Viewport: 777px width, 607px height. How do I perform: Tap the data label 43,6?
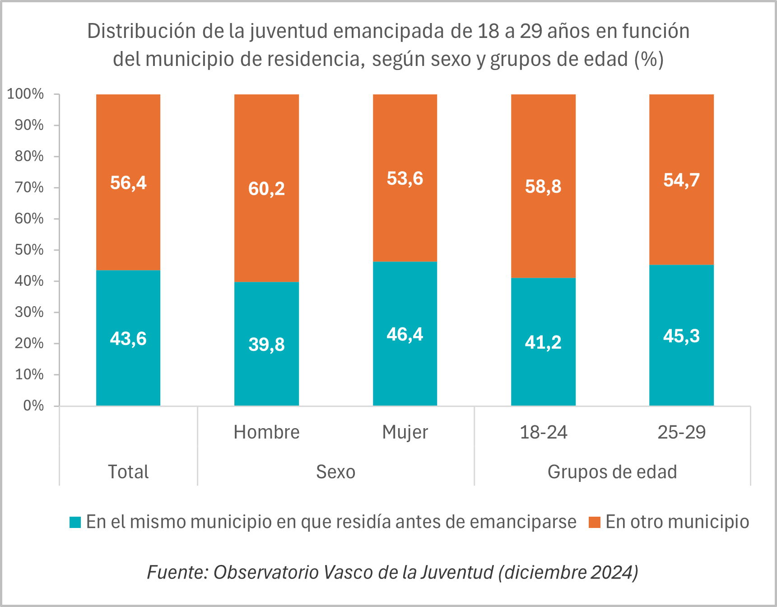coord(128,339)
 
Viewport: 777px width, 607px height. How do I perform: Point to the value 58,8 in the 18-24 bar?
coord(543,187)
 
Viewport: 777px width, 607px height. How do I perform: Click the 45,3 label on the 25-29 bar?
coord(681,336)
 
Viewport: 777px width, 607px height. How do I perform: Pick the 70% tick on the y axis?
coord(29,187)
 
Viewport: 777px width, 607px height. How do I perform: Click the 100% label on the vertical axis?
coord(26,94)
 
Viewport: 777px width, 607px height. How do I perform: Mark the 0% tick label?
coord(33,406)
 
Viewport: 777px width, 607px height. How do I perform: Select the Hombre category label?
coord(266,432)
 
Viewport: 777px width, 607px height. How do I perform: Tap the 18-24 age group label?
coord(543,432)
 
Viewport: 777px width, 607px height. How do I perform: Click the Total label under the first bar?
coord(128,472)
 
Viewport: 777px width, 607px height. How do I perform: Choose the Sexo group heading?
coord(335,472)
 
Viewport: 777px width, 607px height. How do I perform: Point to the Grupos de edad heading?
coord(612,472)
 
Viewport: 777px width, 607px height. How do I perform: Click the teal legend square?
coord(75,522)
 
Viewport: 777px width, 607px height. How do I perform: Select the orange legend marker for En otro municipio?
coord(595,522)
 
